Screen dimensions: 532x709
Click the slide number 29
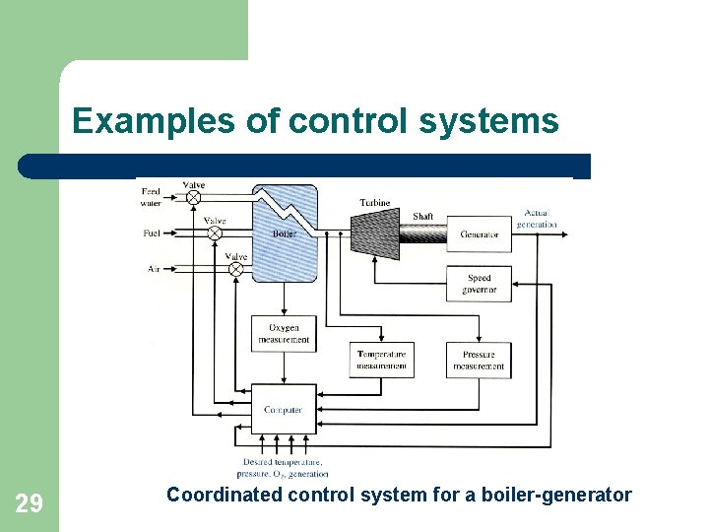tap(30, 504)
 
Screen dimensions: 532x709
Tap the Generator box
tap(480, 233)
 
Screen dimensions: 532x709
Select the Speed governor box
tap(480, 284)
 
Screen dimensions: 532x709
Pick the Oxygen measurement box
tap(284, 334)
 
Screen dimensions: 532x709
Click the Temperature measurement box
tap(381, 360)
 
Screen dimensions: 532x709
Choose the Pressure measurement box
tap(479, 360)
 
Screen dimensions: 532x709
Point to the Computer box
tap(284, 410)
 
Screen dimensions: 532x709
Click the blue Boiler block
tap(285, 233)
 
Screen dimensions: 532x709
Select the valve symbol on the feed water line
tap(193, 197)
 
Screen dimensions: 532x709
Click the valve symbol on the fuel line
tap(215, 234)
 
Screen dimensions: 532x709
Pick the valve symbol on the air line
tap(235, 268)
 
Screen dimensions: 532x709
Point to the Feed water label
tap(151, 197)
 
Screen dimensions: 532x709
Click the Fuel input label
tap(153, 233)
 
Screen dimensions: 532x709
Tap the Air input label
tap(154, 268)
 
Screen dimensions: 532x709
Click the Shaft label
tap(422, 217)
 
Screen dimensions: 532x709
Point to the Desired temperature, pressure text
tap(284, 467)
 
